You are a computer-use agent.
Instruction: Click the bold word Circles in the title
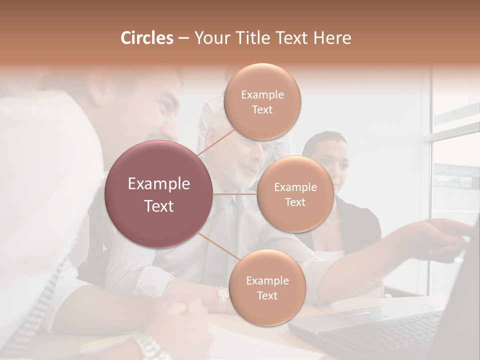click(x=147, y=38)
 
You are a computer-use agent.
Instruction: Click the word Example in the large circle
click(x=159, y=184)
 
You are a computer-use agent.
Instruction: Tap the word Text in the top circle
click(x=262, y=110)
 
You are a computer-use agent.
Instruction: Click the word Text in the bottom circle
click(x=267, y=296)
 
